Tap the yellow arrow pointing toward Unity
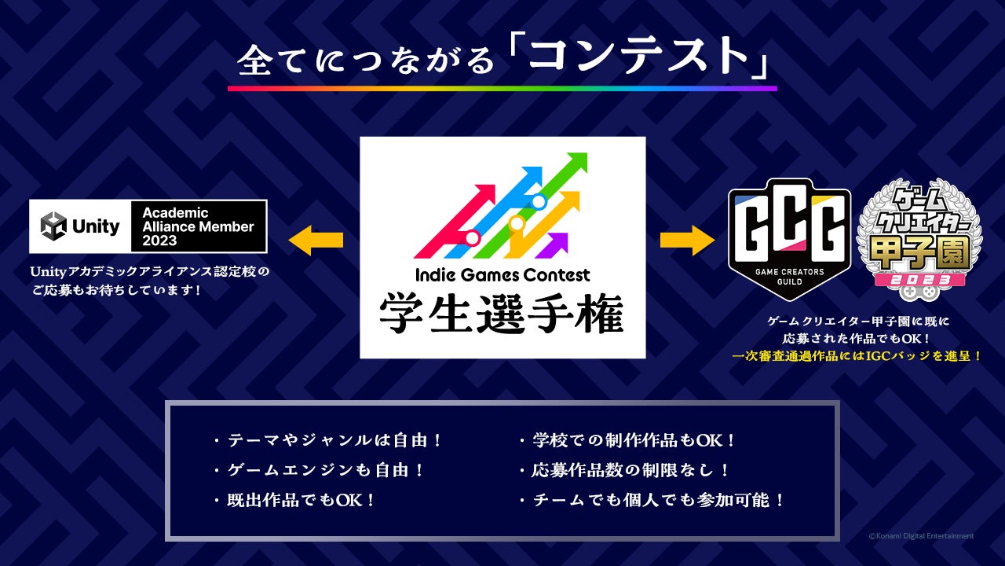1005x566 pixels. [316, 240]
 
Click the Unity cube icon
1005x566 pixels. [54, 226]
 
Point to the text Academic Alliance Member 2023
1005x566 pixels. [198, 226]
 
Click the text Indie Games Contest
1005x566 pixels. [502, 275]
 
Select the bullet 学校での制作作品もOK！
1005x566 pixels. [627, 441]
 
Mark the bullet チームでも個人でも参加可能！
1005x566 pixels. [652, 500]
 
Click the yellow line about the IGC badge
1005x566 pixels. [857, 356]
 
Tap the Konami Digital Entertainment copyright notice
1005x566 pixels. [920, 536]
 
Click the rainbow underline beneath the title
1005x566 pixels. [502, 88]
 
